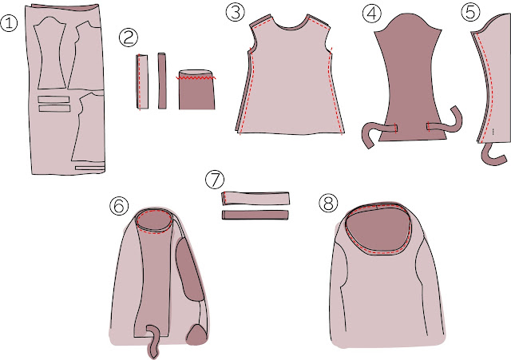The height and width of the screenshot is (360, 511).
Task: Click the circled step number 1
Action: click(9, 23)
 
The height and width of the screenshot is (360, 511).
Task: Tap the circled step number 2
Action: click(129, 38)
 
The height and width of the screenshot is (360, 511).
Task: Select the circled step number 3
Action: click(235, 13)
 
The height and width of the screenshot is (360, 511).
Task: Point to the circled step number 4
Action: click(372, 14)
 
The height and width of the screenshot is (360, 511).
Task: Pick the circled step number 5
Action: click(470, 13)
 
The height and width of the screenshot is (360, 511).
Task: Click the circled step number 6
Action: click(119, 206)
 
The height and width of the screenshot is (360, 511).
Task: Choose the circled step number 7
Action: click(215, 180)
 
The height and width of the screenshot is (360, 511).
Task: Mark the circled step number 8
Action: click(328, 204)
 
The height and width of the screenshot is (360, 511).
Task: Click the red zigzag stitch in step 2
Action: click(196, 78)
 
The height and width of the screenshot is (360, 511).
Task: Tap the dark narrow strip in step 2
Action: click(162, 81)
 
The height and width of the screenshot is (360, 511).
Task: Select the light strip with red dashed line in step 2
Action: click(142, 81)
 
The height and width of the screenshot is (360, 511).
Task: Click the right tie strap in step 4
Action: click(446, 121)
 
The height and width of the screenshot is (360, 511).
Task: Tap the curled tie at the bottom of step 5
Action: click(493, 155)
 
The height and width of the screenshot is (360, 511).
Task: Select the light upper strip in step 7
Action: click(255, 199)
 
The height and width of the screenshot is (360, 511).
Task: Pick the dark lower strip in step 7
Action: click(255, 215)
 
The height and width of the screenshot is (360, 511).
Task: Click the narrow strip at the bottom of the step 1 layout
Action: click(90, 168)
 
